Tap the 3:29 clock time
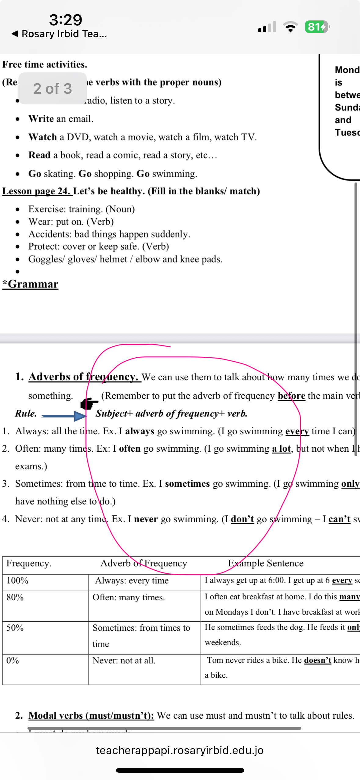tap(66, 20)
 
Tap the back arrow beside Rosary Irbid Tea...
tap(15, 34)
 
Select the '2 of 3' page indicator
tap(53, 88)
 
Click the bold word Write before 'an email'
tap(41, 119)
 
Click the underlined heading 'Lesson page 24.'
tap(37, 191)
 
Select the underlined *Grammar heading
tap(30, 284)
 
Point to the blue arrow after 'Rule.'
tap(64, 416)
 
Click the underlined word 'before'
tap(291, 396)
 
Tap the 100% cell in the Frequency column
tap(17, 580)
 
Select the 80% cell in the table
tap(15, 597)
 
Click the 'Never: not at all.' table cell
tap(124, 661)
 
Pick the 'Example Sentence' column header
tap(266, 563)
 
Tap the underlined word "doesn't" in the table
tap(318, 660)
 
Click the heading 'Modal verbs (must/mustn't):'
tap(91, 716)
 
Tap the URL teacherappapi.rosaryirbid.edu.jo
tap(180, 750)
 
